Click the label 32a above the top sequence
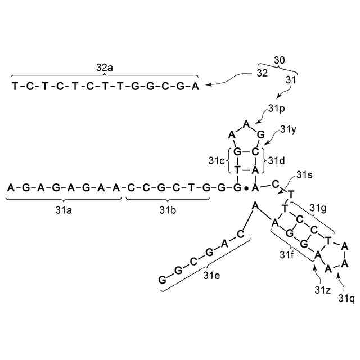click(104, 67)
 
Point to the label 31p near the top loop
click(277, 106)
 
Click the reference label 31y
click(289, 129)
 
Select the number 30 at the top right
click(280, 59)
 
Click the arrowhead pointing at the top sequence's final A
click(207, 85)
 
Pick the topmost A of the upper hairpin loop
click(246, 123)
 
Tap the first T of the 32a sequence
click(15, 86)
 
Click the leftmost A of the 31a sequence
click(10, 187)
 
